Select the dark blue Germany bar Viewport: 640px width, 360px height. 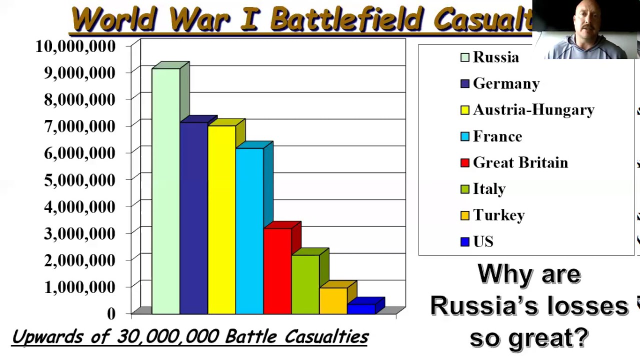(193, 218)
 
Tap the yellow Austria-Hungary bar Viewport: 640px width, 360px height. (221, 219)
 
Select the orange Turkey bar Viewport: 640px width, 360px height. (333, 300)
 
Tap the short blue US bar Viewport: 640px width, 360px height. (361, 308)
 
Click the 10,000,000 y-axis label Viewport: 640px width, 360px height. (75, 46)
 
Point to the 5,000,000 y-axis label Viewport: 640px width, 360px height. (79, 180)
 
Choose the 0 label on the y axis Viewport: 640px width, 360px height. (111, 313)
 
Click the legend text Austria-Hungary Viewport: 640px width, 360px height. (533, 110)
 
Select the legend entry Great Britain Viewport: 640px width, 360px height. (520, 163)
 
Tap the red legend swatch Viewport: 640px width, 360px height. (465, 163)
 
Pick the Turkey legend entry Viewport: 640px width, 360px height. (498, 215)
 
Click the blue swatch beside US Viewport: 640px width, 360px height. (465, 242)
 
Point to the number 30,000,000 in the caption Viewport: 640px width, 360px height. (168, 336)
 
